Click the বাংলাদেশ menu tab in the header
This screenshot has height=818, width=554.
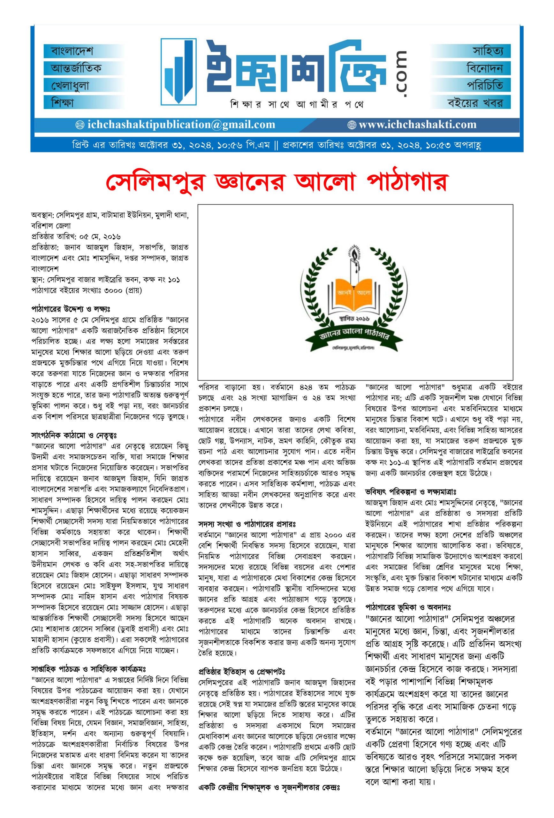[x=72, y=51]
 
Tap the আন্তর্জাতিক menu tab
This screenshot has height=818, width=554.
[x=76, y=68]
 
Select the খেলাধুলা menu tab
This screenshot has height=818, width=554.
[x=70, y=86]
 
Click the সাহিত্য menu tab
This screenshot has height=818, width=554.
[x=488, y=51]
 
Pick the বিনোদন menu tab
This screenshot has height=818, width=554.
[x=484, y=68]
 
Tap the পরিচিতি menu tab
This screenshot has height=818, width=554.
[x=484, y=86]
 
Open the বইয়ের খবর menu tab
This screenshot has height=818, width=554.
[x=475, y=103]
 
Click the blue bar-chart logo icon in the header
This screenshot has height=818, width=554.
[x=178, y=72]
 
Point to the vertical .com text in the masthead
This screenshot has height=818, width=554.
[x=401, y=74]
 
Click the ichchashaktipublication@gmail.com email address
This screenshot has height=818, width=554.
[x=176, y=125]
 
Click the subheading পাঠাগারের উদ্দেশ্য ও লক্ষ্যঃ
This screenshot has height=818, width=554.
[x=71, y=309]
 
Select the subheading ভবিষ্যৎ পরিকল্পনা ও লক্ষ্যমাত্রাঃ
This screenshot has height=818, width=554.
[x=411, y=491]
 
